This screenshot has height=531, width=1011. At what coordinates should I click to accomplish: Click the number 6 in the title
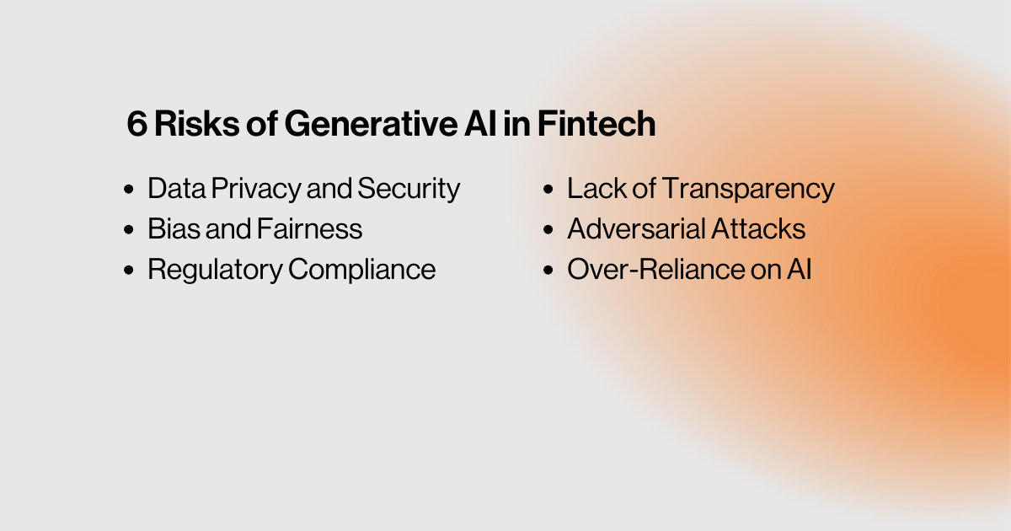click(x=137, y=124)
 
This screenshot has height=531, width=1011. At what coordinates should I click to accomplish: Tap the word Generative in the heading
click(x=371, y=124)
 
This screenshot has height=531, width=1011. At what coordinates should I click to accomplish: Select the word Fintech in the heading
click(x=596, y=123)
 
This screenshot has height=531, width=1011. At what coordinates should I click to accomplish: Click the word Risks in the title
click(x=197, y=123)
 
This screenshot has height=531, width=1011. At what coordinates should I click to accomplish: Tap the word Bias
click(x=174, y=228)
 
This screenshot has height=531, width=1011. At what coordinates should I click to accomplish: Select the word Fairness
click(x=309, y=228)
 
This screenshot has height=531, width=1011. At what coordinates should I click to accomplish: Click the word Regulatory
click(x=215, y=271)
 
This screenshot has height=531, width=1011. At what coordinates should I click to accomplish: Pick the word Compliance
click(x=361, y=270)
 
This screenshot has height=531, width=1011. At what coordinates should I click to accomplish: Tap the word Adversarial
click(x=635, y=228)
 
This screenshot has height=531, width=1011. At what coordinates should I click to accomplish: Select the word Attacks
click(x=758, y=228)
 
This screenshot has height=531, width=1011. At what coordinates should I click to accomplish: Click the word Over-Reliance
click(x=655, y=269)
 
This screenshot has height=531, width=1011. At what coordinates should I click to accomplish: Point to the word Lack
click(x=596, y=188)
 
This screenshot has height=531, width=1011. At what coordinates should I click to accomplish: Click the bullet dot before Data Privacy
click(x=129, y=189)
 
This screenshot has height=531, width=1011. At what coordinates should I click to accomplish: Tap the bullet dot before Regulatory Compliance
click(x=129, y=270)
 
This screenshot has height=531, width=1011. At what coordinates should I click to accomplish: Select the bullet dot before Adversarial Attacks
click(x=548, y=230)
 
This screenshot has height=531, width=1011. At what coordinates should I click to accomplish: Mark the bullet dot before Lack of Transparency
click(x=548, y=189)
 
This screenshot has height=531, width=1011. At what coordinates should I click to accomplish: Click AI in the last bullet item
click(x=800, y=269)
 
